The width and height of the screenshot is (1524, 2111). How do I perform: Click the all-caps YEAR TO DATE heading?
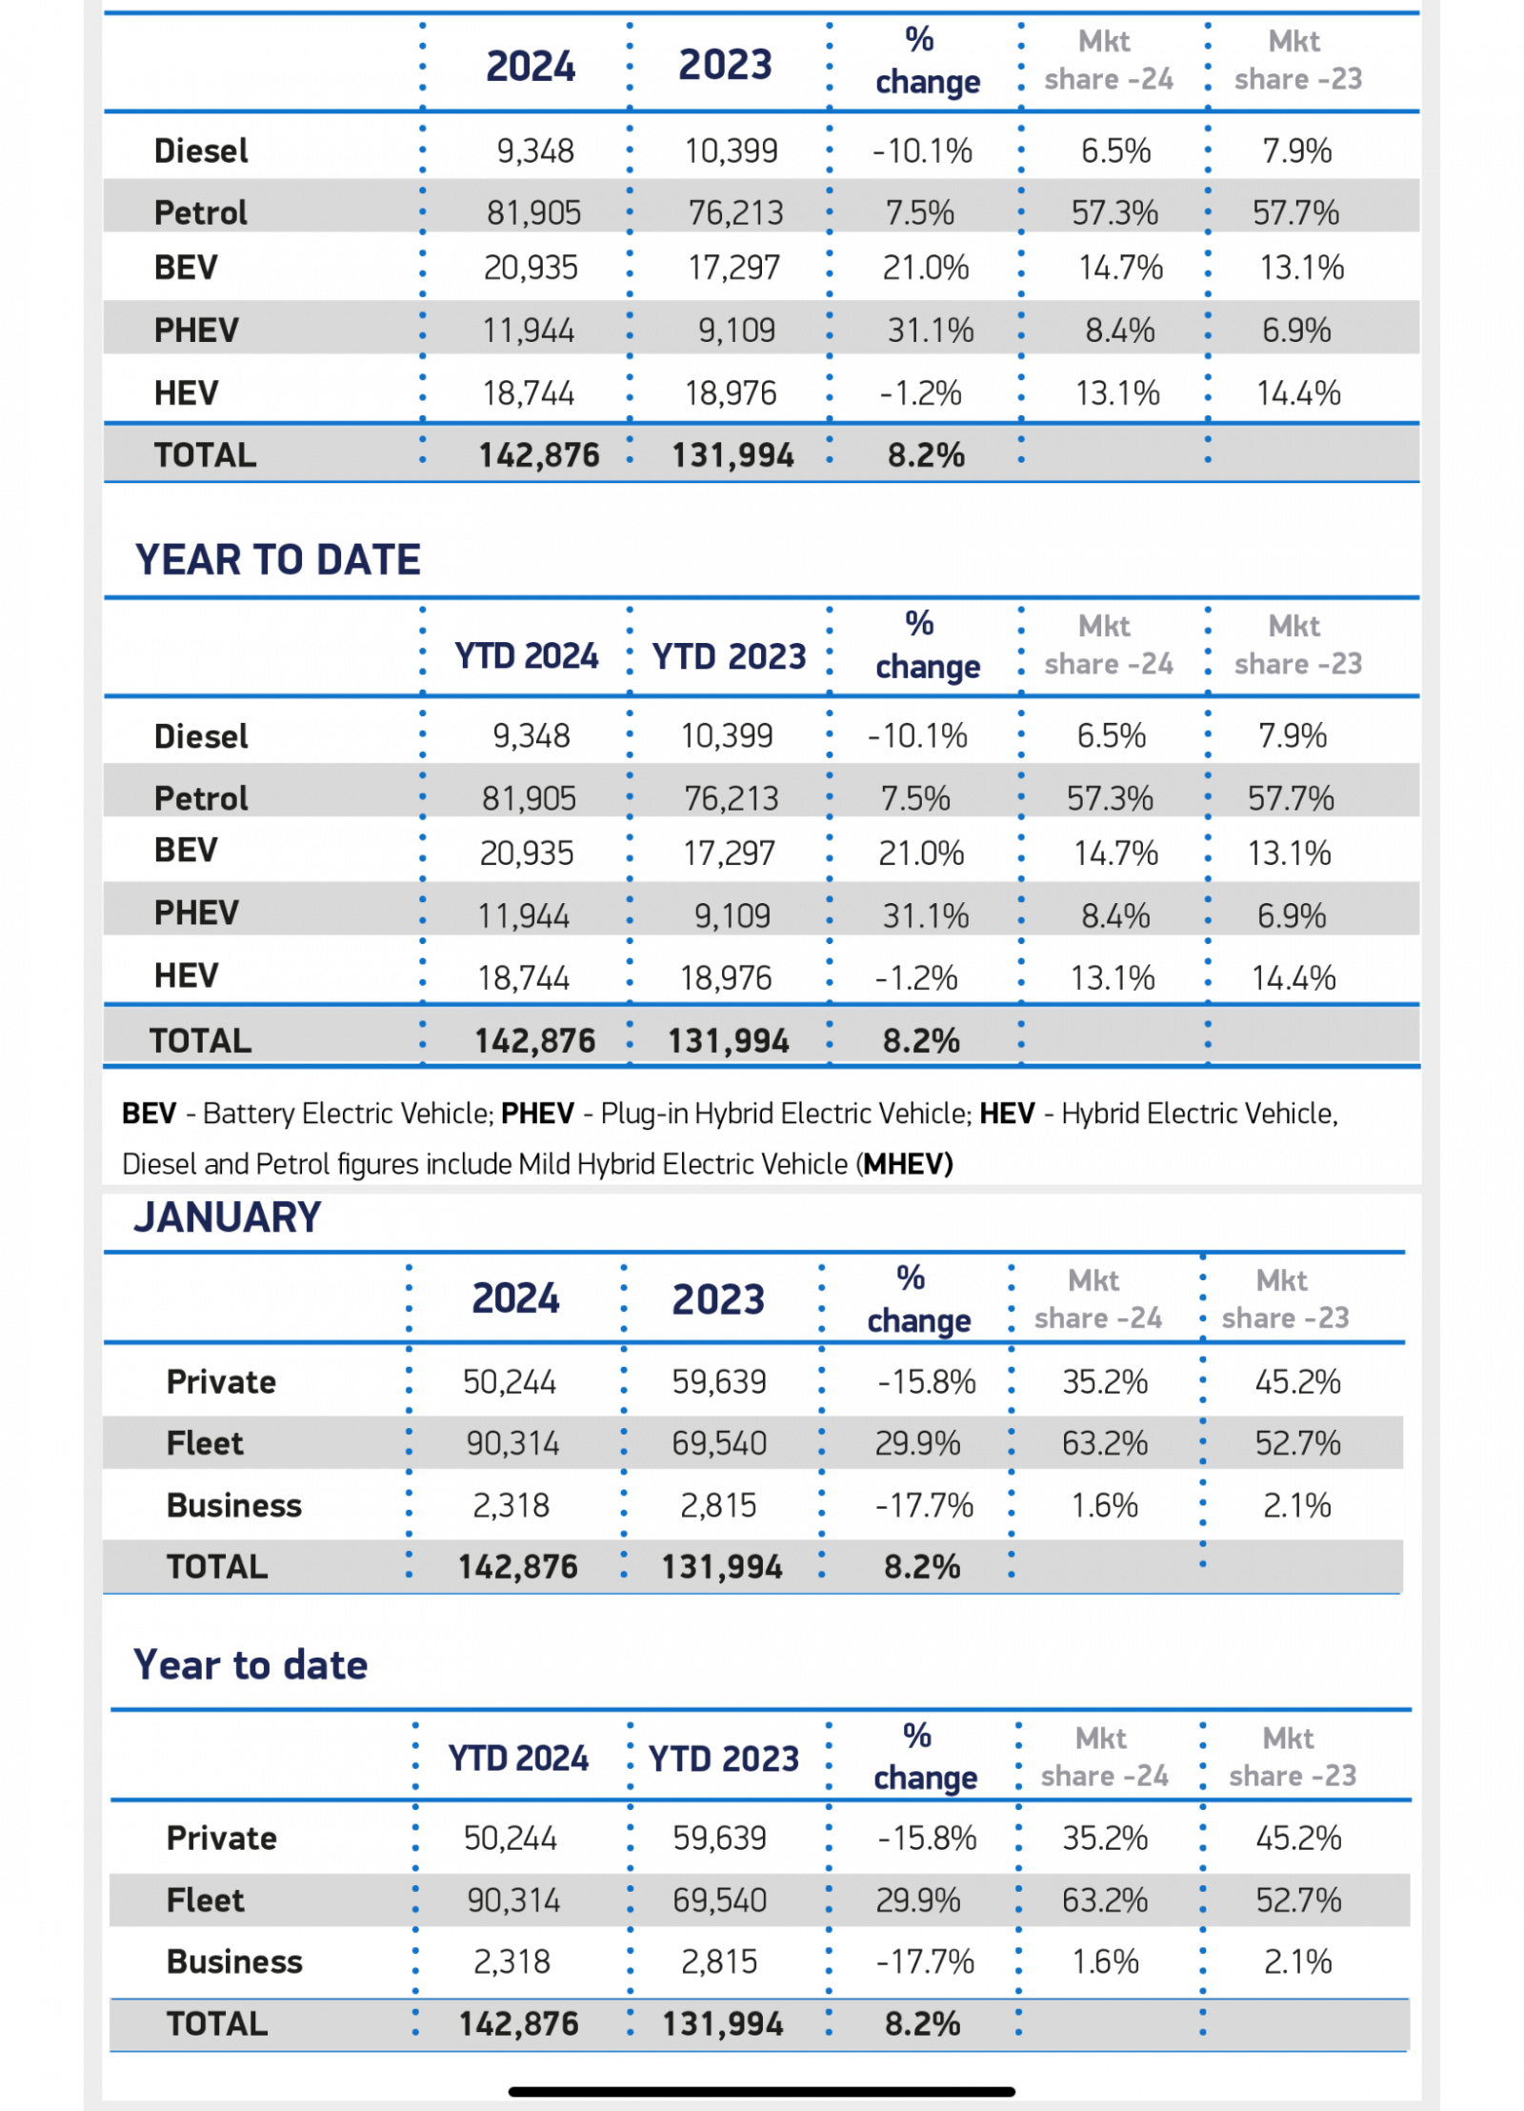(x=277, y=559)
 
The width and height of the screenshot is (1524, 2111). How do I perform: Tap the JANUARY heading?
(x=228, y=1217)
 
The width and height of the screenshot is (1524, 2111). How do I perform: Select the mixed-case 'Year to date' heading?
(x=251, y=1664)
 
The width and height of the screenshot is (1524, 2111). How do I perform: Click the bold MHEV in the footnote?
(x=908, y=1163)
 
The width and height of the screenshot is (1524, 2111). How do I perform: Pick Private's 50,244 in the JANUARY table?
(x=510, y=1381)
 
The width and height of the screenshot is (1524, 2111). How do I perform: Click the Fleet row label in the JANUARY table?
(x=205, y=1443)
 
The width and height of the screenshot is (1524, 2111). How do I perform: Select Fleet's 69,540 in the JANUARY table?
(x=719, y=1443)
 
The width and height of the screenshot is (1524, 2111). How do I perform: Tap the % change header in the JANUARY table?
(x=918, y=1299)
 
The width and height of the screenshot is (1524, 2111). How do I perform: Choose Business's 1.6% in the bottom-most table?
(x=1105, y=1961)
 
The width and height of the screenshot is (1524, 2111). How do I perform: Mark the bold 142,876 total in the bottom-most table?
(x=519, y=2023)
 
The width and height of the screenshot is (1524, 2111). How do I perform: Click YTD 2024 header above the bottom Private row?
(x=519, y=1758)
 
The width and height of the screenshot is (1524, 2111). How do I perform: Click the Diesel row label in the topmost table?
(x=201, y=151)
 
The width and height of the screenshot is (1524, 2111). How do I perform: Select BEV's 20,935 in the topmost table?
(x=531, y=268)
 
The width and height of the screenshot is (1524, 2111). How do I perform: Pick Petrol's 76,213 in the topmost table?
(x=736, y=212)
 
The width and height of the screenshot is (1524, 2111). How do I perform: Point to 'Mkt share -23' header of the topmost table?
(x=1298, y=60)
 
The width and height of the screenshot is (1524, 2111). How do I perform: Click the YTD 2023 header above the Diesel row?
(x=729, y=656)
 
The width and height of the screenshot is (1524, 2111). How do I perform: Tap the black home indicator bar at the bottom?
(x=762, y=2091)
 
